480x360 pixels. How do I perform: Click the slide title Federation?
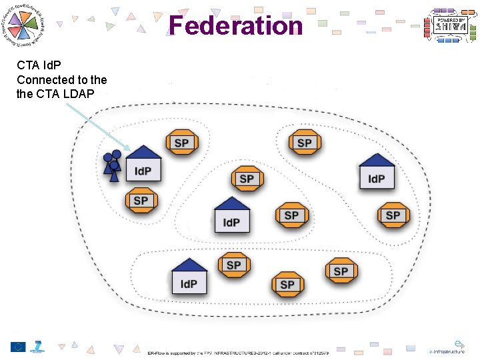click(x=235, y=26)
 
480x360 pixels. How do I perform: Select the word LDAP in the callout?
click(x=79, y=93)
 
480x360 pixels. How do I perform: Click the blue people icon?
click(x=112, y=167)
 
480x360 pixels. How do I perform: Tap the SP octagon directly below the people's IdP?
click(x=141, y=201)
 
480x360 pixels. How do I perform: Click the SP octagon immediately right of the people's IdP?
click(x=181, y=142)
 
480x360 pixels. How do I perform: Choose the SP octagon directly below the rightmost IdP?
click(x=393, y=215)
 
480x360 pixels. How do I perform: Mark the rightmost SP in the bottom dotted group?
click(x=341, y=271)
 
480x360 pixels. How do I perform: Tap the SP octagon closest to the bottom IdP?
click(x=233, y=265)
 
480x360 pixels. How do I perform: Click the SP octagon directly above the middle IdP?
click(x=247, y=179)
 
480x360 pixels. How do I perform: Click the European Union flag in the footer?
click(x=18, y=347)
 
